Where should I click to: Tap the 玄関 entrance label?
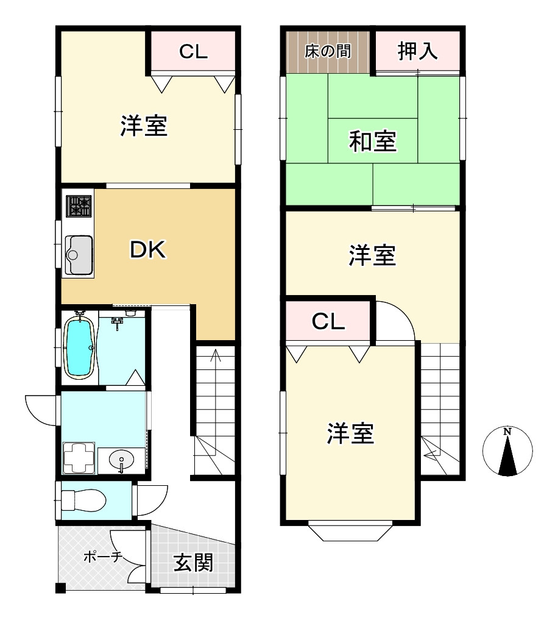click(193, 562)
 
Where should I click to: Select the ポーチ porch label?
click(102, 556)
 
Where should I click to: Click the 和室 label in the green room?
click(372, 141)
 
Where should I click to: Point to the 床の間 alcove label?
click(328, 51)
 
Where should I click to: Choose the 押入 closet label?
click(417, 51)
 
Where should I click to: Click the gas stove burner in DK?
click(79, 207)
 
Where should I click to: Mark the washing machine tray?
click(79, 457)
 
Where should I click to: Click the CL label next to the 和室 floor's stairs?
click(328, 322)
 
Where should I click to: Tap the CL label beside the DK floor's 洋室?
click(193, 52)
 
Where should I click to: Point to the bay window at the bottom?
click(350, 532)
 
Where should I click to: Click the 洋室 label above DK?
click(144, 126)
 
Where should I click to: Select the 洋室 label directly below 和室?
click(372, 255)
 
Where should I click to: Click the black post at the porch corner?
click(60, 588)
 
